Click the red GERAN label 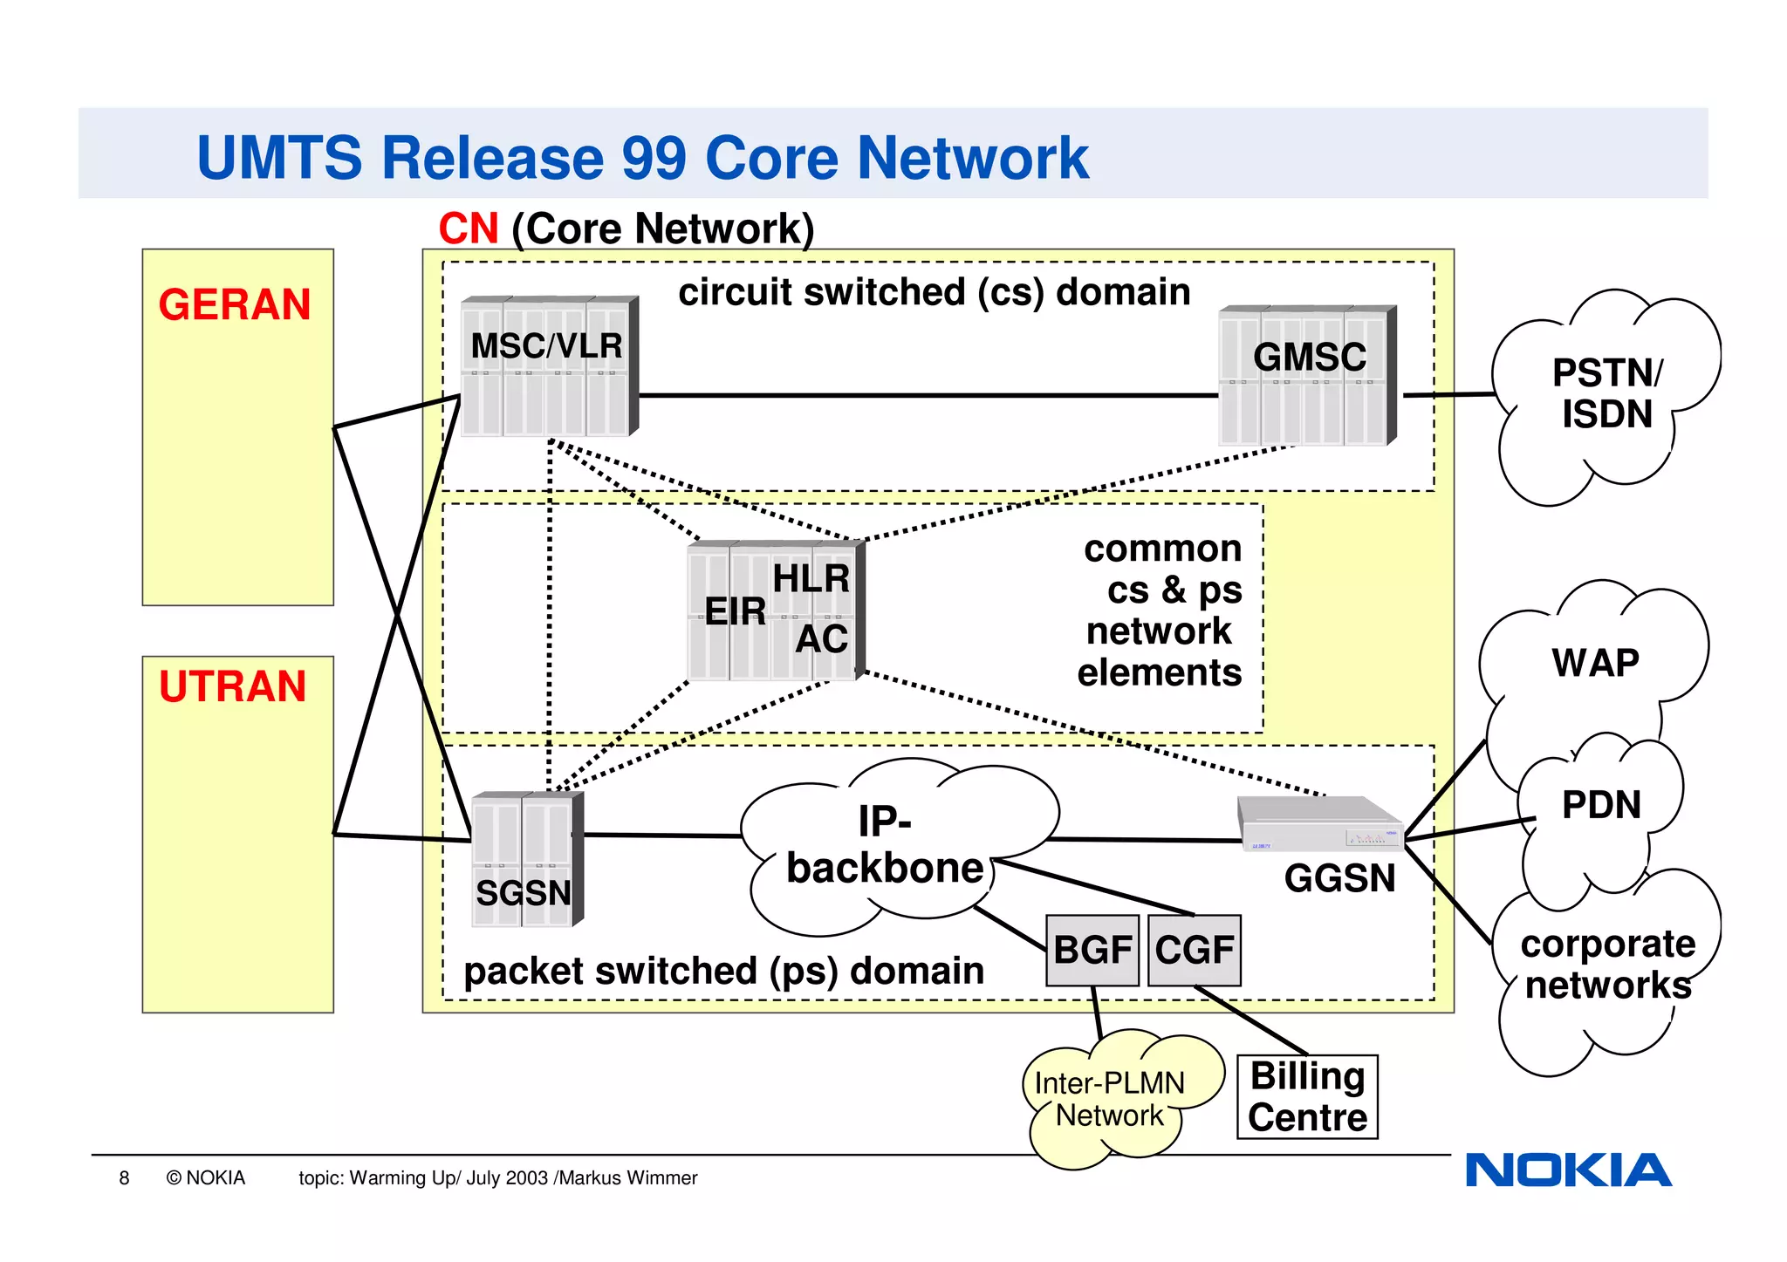click(x=235, y=305)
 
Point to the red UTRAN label click(x=233, y=686)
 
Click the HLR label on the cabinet click(x=811, y=578)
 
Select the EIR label click(x=735, y=611)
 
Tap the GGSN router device click(x=1319, y=825)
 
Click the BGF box click(x=1092, y=950)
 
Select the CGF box click(x=1194, y=950)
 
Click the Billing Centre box click(x=1307, y=1096)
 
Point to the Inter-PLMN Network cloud click(x=1110, y=1099)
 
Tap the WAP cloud click(x=1595, y=663)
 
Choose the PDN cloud click(x=1601, y=804)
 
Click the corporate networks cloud click(x=1607, y=965)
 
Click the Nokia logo click(x=1568, y=1170)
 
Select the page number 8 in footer click(x=124, y=1178)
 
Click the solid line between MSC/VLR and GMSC click(x=925, y=395)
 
